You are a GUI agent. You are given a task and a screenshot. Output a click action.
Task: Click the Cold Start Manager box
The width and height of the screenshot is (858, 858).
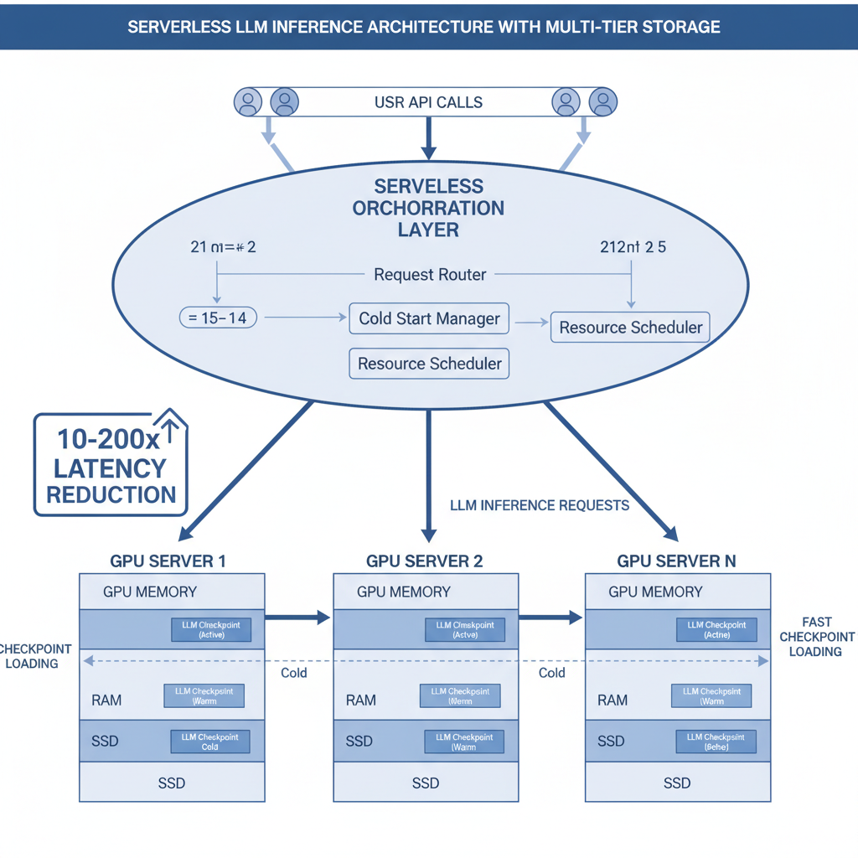coord(429,319)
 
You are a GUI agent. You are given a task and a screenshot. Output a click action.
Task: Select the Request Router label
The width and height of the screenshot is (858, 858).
coord(429,274)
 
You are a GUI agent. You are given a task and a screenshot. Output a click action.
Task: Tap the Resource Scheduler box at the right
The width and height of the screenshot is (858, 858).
coord(630,328)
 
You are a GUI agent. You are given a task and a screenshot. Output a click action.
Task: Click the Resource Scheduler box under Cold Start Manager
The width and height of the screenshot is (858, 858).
coord(429,364)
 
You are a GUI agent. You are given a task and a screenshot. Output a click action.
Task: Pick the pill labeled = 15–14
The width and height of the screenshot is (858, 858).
coord(218,318)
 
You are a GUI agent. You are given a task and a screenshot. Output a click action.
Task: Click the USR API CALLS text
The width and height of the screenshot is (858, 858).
coord(428,102)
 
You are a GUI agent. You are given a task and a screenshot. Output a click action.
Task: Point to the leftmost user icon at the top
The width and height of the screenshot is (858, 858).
coord(248,102)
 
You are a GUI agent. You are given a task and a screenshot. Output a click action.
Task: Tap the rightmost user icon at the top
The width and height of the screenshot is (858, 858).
coord(602,102)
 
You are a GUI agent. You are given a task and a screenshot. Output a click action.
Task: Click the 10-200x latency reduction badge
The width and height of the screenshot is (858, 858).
coord(111,464)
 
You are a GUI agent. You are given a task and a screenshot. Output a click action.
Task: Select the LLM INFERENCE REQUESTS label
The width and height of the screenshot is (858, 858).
coord(540,505)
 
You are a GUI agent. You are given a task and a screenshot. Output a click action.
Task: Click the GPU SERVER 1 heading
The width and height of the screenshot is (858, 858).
coord(168,561)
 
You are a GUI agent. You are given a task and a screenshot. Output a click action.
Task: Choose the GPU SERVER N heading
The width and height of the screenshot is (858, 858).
coord(676,561)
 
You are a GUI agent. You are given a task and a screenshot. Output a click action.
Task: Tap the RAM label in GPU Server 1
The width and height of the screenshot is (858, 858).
coord(105,700)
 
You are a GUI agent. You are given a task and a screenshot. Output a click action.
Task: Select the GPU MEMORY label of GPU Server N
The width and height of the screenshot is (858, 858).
coord(655,592)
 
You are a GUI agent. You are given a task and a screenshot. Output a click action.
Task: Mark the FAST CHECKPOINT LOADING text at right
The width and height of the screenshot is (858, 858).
coord(816,637)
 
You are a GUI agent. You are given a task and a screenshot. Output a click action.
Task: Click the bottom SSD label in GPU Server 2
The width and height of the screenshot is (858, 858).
coord(426,783)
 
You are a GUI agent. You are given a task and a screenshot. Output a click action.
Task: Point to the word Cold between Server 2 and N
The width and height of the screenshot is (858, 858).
coord(551,673)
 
